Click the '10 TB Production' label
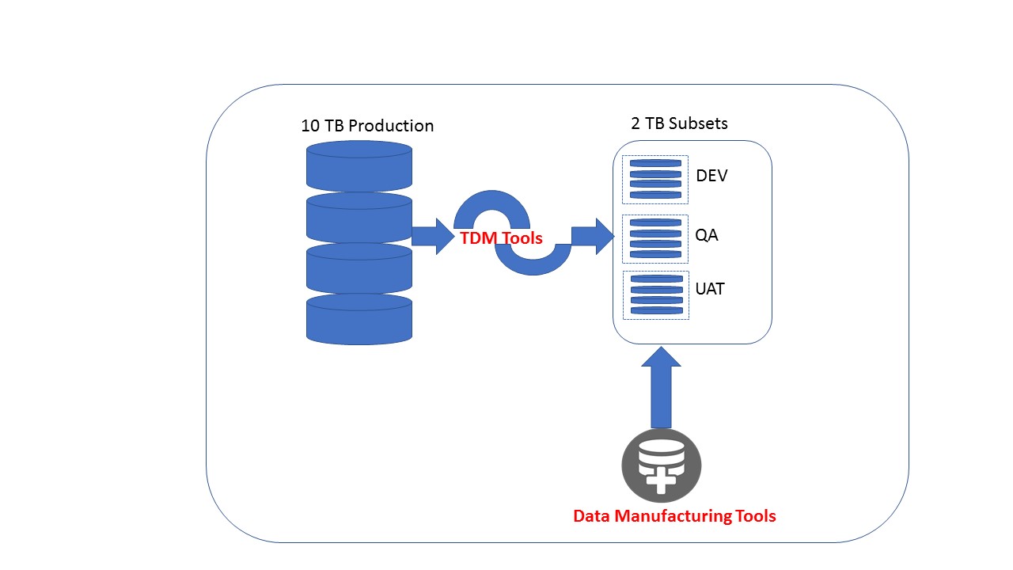pos(367,126)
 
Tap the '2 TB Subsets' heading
pos(679,123)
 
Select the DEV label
pos(711,175)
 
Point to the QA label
pos(707,235)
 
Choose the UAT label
pos(710,289)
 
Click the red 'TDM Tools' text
pos(501,237)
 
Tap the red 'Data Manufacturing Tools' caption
pos(674,516)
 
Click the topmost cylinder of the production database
pos(359,166)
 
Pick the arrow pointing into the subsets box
pos(593,236)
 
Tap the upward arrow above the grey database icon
pos(660,388)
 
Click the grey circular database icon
pos(661,466)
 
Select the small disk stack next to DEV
pos(655,179)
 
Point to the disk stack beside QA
pos(655,238)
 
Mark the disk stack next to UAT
pos(655,294)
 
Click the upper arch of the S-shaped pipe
pos(492,204)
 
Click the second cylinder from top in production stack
pos(359,218)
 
